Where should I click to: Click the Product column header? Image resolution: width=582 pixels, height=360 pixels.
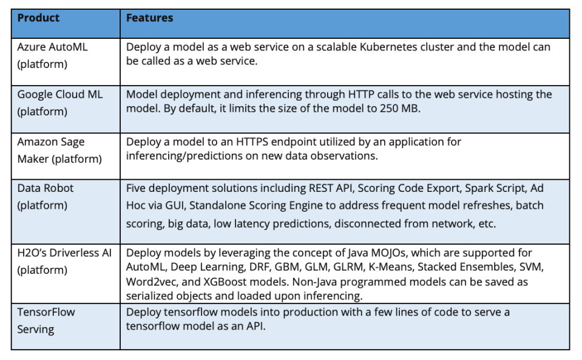click(38, 18)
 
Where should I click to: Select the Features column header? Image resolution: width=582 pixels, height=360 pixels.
click(149, 18)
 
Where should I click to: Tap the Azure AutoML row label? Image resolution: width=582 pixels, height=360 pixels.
click(52, 55)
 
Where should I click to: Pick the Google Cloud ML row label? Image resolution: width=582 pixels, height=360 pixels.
click(59, 103)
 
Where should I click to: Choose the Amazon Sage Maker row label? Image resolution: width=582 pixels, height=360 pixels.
click(59, 151)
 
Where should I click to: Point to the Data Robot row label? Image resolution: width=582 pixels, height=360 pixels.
click(46, 197)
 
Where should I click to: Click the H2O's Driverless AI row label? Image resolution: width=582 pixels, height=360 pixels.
click(64, 261)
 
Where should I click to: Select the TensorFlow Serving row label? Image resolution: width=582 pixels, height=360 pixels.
click(46, 321)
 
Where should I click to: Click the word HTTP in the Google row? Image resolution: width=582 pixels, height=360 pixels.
click(361, 95)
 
